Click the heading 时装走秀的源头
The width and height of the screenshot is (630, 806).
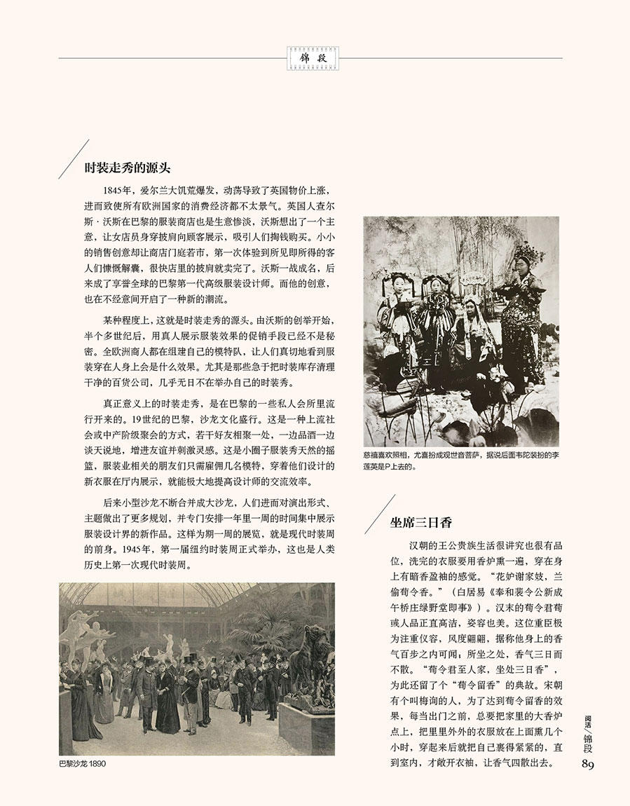click(128, 168)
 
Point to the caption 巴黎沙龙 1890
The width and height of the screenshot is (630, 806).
click(83, 763)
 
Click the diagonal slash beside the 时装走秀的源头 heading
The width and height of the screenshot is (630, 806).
click(71, 159)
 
